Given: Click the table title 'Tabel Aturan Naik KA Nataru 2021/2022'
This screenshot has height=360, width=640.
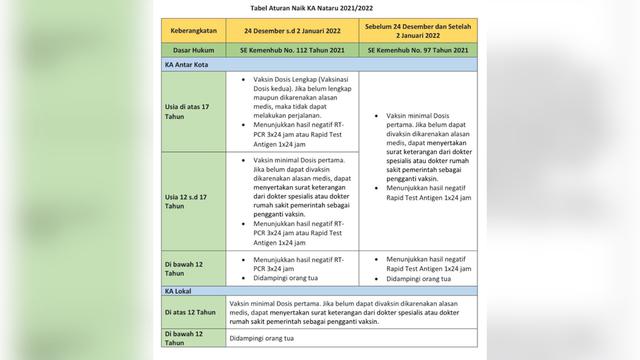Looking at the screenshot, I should [x=320, y=7].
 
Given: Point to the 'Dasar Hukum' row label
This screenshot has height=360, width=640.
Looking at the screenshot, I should [x=196, y=49].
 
